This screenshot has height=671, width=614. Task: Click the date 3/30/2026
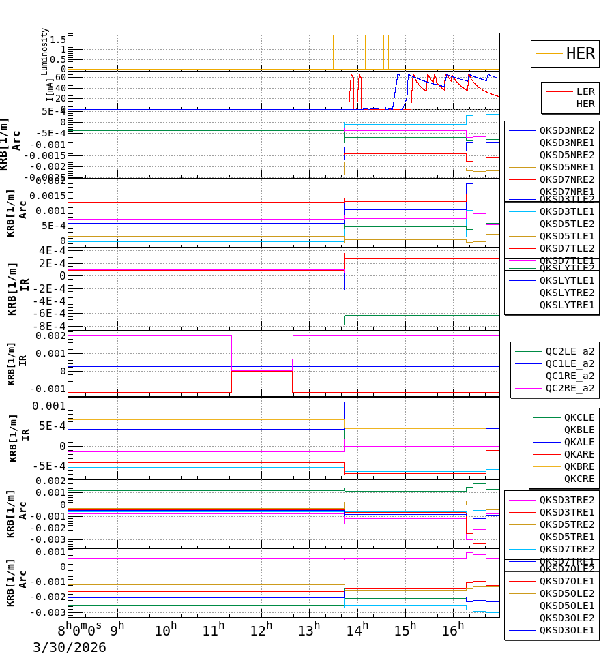pos(70,647)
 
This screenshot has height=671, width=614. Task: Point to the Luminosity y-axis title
pos(45,51)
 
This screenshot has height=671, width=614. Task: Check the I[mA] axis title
pos(50,90)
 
